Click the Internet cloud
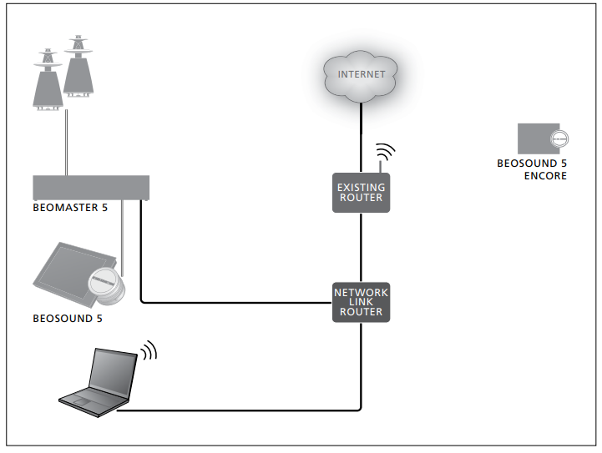click(361, 75)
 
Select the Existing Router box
click(361, 193)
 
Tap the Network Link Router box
click(361, 301)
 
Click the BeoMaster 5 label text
click(70, 208)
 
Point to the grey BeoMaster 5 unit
click(90, 187)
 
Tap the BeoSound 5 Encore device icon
click(539, 138)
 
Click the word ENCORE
click(545, 176)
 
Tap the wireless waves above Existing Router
click(384, 154)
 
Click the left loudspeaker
click(47, 79)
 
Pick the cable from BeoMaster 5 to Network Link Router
click(234, 301)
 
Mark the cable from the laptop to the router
click(250, 410)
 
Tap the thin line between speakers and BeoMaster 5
click(65, 142)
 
